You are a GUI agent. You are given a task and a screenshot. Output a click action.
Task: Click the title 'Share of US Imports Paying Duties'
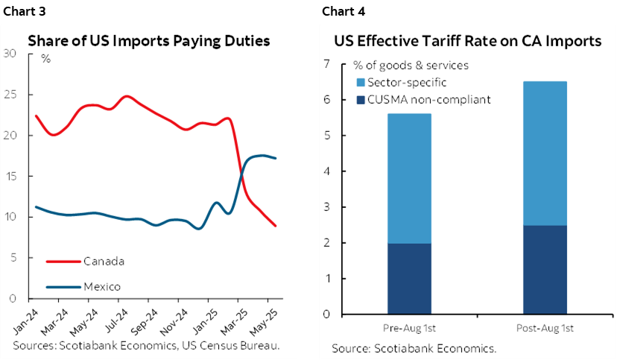[148, 41]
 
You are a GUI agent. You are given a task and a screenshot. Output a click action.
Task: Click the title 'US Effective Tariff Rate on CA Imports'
[467, 41]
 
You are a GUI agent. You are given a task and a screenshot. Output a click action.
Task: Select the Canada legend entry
[104, 261]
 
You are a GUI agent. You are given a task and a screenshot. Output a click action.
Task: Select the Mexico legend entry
[102, 286]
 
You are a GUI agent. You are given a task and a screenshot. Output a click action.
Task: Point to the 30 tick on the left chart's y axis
[10, 53]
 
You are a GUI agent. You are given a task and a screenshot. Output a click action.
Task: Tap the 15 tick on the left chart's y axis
[10, 176]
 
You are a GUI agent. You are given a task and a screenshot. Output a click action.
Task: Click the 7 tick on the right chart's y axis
[325, 64]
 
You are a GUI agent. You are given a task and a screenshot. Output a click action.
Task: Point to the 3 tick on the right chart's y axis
[325, 207]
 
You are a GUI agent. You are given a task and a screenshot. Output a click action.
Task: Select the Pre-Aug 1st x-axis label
[409, 328]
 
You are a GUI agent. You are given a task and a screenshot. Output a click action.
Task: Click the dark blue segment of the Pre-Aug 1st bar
[409, 279]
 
